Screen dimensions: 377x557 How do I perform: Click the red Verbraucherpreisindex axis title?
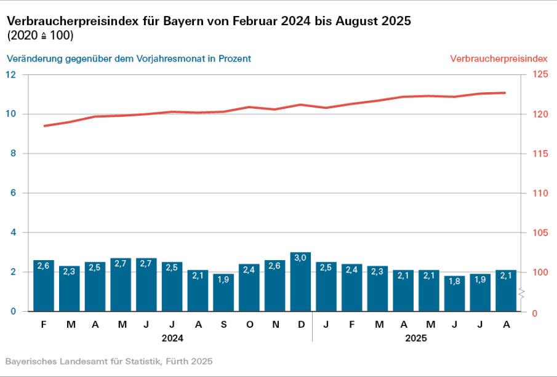point(499,59)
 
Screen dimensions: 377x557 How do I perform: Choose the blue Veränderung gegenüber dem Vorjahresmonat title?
point(129,59)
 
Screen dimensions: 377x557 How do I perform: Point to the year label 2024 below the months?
point(172,338)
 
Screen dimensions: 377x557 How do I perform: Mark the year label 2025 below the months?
point(416,338)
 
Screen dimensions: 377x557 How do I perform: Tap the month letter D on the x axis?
point(301,324)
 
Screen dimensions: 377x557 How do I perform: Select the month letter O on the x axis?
point(249,324)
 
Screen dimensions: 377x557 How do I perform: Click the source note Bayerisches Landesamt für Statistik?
point(109,361)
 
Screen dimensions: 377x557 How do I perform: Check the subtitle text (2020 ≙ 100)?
point(40,36)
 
